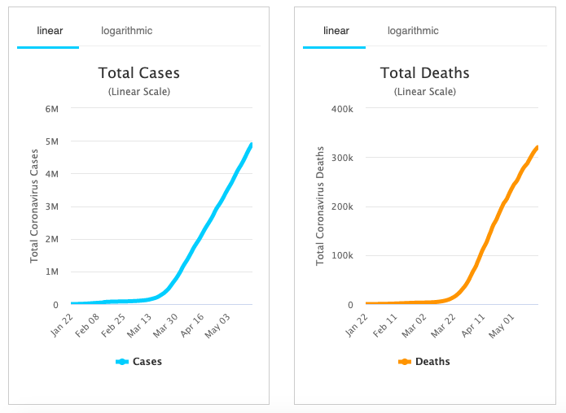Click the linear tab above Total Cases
(x=50, y=31)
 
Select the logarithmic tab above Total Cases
(x=126, y=31)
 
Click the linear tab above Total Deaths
(x=336, y=31)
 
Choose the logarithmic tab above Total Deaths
(x=413, y=31)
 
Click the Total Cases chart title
(x=139, y=73)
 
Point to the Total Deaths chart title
(x=425, y=73)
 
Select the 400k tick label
(x=339, y=109)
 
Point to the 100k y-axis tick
(x=339, y=256)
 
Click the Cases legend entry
(x=139, y=362)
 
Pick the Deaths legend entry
(x=425, y=362)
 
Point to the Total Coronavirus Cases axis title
(x=35, y=206)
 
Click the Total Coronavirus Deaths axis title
(x=320, y=206)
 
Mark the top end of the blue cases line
(x=252, y=145)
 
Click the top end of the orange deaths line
(x=537, y=147)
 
